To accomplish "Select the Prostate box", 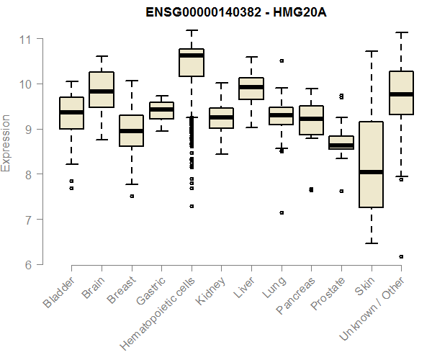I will [x=341, y=143].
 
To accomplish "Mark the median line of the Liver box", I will [x=251, y=87].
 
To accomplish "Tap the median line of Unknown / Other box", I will [x=400, y=94].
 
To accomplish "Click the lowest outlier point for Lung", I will [x=282, y=212].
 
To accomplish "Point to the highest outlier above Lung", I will [x=282, y=60].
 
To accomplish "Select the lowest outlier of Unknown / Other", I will [x=401, y=256].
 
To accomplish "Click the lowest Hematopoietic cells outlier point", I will [x=192, y=206].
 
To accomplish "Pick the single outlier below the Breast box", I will [x=132, y=196].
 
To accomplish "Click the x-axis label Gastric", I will [x=150, y=292].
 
